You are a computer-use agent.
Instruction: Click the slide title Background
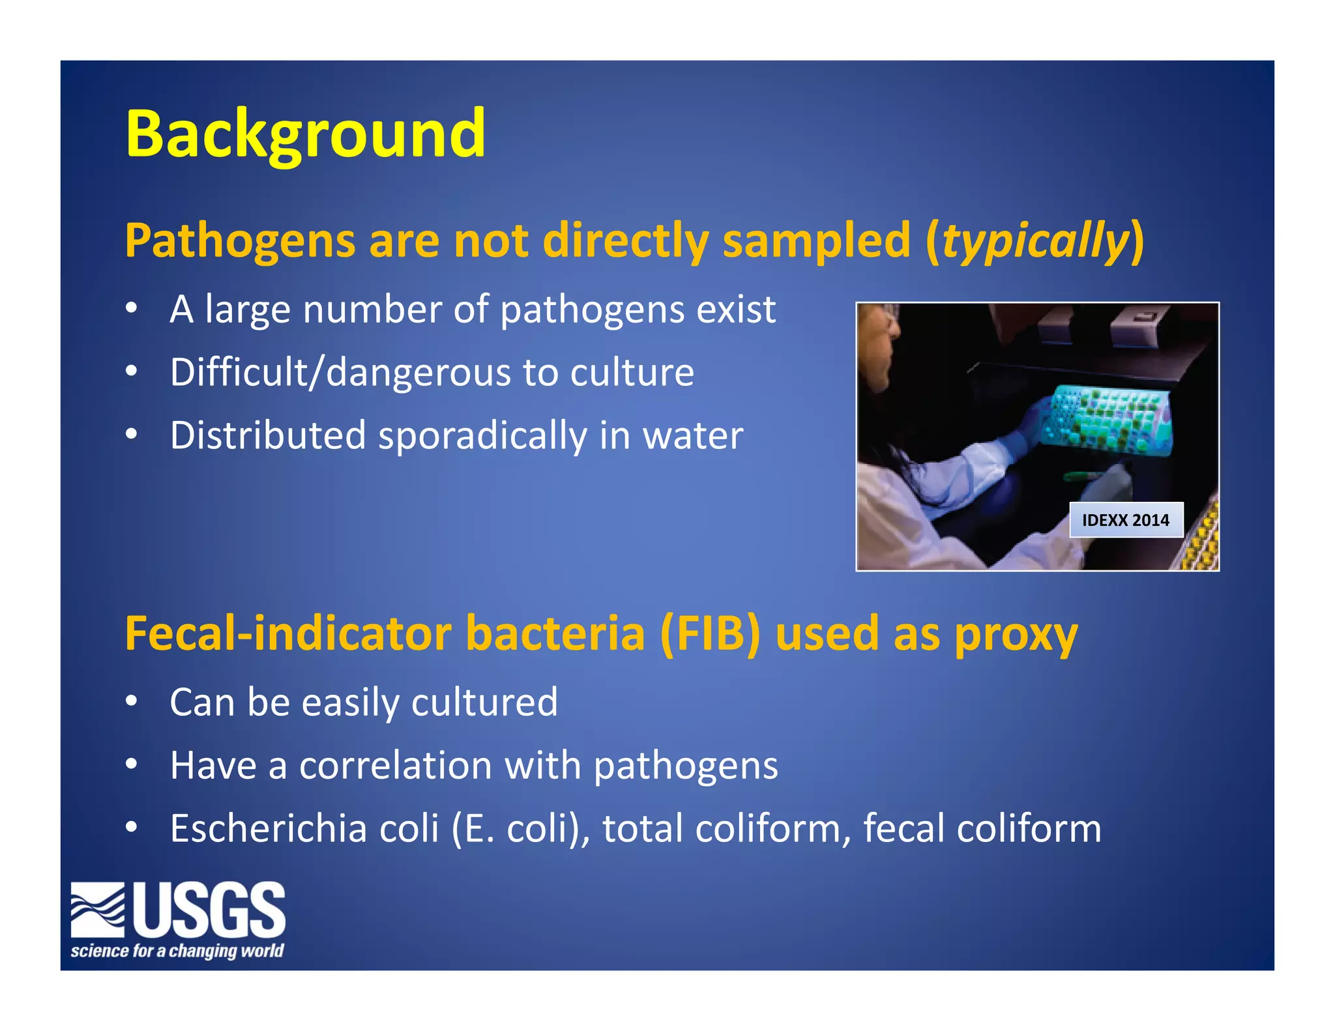tap(305, 134)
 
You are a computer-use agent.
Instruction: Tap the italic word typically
tap(1034, 241)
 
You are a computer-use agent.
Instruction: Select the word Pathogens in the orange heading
tap(240, 241)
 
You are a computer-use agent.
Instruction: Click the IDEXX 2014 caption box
tap(1125, 519)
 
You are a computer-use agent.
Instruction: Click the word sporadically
tap(482, 435)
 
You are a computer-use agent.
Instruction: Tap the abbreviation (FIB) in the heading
tap(710, 634)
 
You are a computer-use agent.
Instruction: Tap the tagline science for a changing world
tap(177, 951)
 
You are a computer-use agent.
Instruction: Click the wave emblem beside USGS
tap(98, 909)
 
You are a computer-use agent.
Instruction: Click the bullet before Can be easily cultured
tap(132, 702)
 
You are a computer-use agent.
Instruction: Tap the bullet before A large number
tap(132, 308)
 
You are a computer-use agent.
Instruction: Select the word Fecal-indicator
tap(287, 634)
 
